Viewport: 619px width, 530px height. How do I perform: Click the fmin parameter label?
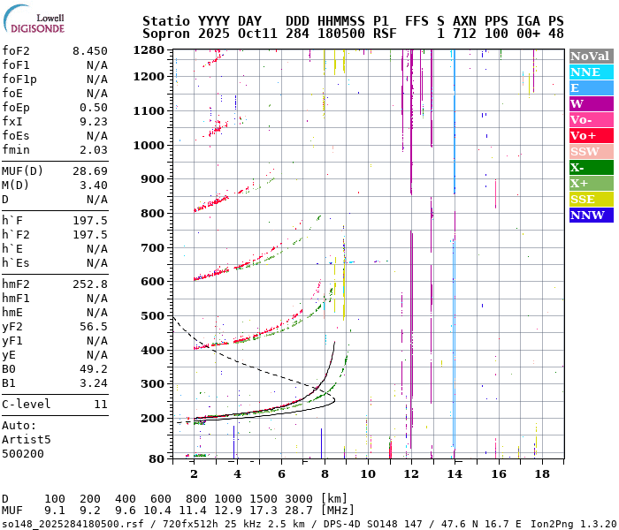pos(17,150)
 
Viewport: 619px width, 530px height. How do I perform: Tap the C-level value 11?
pos(100,405)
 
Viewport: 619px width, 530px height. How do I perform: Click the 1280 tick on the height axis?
pos(149,50)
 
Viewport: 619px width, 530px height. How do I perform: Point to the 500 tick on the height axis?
pos(153,316)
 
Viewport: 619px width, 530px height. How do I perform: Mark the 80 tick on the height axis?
pos(157,458)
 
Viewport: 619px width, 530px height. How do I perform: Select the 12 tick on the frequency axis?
pos(410,473)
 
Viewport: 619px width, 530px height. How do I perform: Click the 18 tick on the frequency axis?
pos(541,473)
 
